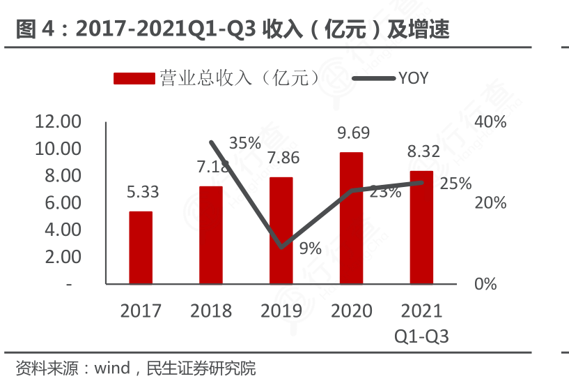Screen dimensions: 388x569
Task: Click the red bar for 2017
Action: coord(141,248)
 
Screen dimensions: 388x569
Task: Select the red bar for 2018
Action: coord(211,235)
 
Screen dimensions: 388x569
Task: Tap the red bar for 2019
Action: coord(281,230)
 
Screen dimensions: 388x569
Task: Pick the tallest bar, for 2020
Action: coord(351,218)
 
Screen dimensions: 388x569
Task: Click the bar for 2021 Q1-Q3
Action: coord(421,227)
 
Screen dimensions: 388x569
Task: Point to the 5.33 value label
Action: coord(143,192)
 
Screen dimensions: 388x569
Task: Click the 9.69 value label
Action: coord(353,133)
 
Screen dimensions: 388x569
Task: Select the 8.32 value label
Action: coord(423,152)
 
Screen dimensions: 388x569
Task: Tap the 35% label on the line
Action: coord(244,143)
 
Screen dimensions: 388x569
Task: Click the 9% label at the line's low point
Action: coord(310,248)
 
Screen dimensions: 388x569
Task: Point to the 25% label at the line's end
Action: coord(456,184)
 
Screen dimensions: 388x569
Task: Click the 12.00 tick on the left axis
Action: coord(58,122)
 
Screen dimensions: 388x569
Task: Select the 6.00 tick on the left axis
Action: coord(62,203)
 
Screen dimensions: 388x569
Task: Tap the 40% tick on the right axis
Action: coord(490,122)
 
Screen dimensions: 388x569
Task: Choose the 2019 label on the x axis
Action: coord(281,311)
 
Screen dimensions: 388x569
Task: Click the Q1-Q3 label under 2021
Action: coord(421,336)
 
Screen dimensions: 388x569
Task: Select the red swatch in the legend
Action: coord(134,78)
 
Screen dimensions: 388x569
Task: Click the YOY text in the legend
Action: coord(413,78)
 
